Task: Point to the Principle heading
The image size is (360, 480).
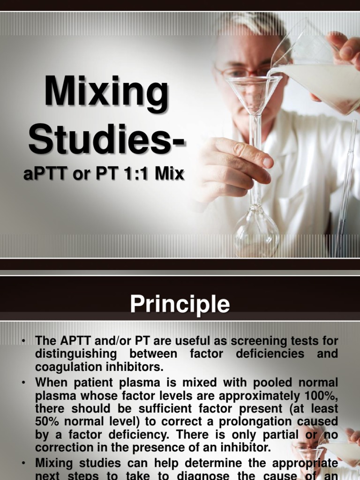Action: click(x=180, y=305)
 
